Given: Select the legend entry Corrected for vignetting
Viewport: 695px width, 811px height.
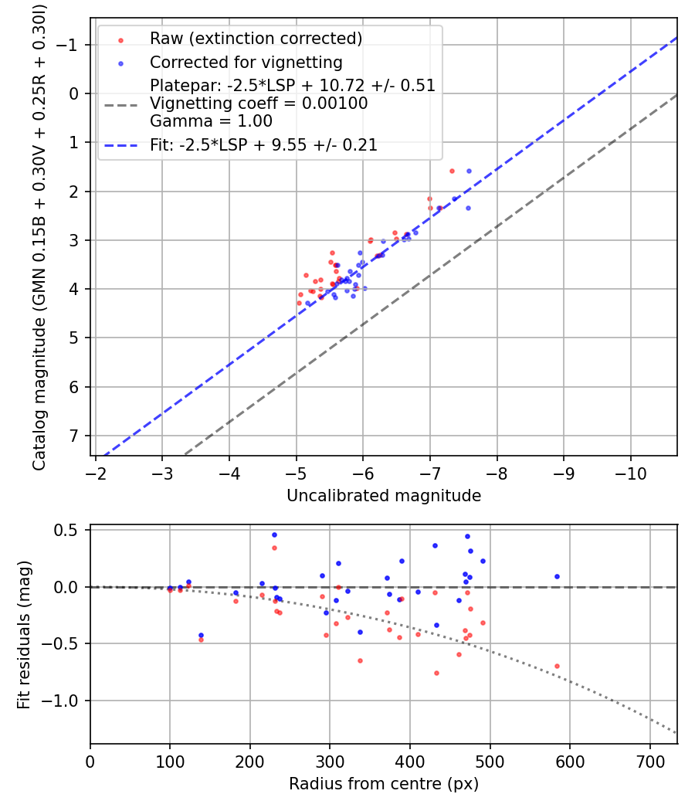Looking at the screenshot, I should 246,62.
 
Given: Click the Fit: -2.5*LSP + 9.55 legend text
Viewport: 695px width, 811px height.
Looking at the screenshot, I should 263,144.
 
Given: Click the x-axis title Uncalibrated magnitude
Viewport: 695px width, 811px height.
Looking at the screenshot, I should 384,496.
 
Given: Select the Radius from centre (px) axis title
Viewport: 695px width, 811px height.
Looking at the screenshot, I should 384,784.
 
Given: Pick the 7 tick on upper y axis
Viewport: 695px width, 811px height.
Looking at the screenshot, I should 75,436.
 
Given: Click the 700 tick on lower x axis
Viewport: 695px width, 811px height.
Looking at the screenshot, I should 649,761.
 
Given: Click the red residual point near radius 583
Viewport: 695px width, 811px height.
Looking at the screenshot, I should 557,666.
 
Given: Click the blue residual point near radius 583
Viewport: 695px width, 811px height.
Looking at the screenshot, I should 557,576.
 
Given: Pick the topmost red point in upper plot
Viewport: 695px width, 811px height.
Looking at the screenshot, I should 452,171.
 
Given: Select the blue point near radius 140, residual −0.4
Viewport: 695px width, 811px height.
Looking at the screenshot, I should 201,635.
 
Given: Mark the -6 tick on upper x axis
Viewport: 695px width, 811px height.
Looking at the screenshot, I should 363,471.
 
